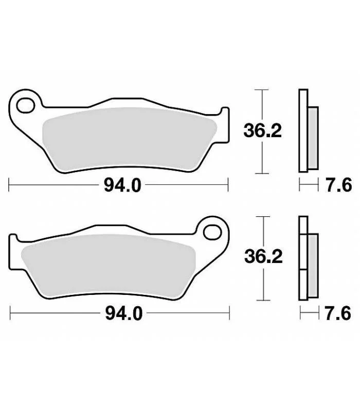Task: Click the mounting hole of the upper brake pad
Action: coord(25,106)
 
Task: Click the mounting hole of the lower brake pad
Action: coord(212,233)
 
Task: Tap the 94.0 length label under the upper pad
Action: coord(122,185)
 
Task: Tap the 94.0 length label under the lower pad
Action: coord(124,313)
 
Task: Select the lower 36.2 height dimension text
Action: coord(263,256)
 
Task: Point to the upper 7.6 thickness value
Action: coord(338,185)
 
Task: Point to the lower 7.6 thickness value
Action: coord(338,313)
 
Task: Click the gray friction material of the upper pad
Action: coord(129,139)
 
